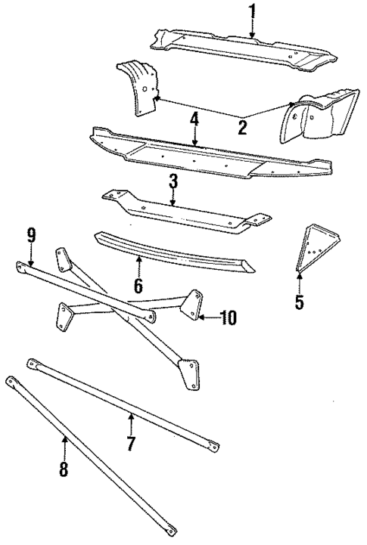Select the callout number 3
tap(173, 181)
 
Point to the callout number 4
tap(194, 119)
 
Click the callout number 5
tap(299, 303)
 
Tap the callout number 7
tap(130, 444)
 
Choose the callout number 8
tap(64, 469)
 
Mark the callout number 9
tap(30, 235)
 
